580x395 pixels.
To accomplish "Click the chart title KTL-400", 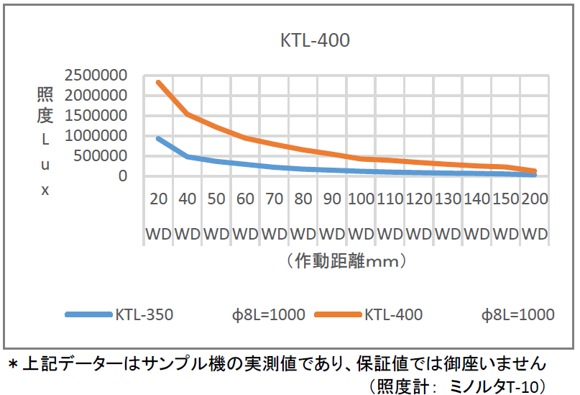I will click(x=315, y=40).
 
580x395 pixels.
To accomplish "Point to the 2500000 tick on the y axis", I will click(x=95, y=76).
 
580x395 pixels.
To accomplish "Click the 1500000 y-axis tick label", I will click(x=95, y=116).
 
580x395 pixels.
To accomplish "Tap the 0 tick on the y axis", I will click(x=123, y=176).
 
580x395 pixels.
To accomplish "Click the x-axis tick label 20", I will click(x=157, y=199).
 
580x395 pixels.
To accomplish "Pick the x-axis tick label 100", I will click(x=360, y=199).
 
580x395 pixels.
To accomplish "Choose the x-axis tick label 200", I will click(x=534, y=199).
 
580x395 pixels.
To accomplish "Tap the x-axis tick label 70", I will click(x=273, y=199).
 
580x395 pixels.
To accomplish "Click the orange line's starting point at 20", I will click(x=158, y=82).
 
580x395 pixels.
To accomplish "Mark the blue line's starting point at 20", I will click(x=158, y=138).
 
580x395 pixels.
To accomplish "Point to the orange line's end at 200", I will click(x=534, y=171).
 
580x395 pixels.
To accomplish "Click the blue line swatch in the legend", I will click(x=88, y=314).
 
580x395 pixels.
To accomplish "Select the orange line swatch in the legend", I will click(x=338, y=314).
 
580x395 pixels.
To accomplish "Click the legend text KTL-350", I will click(x=144, y=314).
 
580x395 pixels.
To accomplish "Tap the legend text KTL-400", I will click(x=393, y=314).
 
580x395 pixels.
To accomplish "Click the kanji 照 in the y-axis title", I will click(x=45, y=96).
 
